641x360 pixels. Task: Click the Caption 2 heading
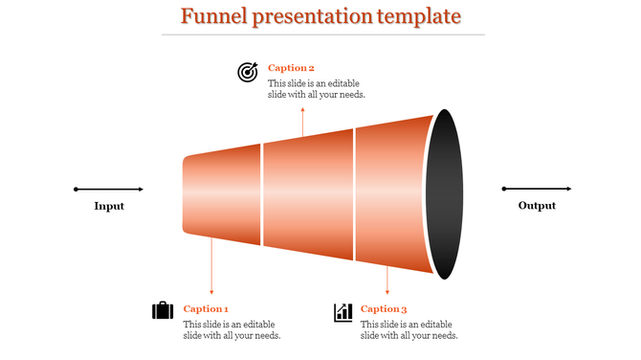point(291,68)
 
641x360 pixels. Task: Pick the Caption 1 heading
point(206,309)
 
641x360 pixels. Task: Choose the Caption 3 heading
point(384,309)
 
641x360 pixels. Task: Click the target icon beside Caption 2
point(248,72)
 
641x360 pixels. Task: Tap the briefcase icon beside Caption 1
point(163,311)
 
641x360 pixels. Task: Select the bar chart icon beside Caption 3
point(343,312)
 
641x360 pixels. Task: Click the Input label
point(109,206)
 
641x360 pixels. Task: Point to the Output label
point(537,206)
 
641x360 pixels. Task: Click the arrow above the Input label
point(109,189)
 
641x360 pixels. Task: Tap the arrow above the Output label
point(537,189)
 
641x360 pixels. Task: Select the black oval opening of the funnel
point(443,194)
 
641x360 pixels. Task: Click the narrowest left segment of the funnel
point(222,194)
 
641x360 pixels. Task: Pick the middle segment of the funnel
point(308,194)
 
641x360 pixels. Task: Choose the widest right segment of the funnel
point(392,194)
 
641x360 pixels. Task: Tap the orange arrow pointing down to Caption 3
point(387,278)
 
